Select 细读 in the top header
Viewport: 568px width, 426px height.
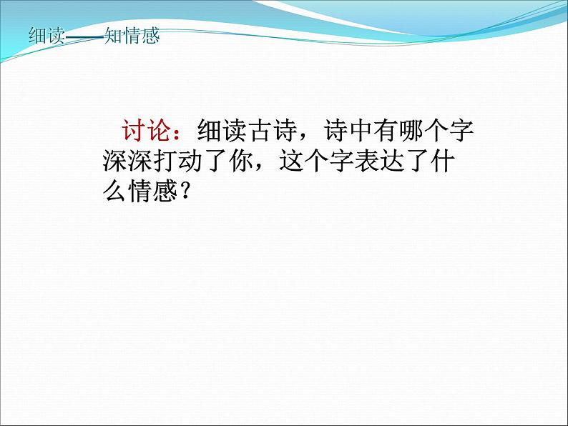44,35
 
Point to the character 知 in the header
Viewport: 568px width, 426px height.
114,35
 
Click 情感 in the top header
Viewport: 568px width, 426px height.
142,35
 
